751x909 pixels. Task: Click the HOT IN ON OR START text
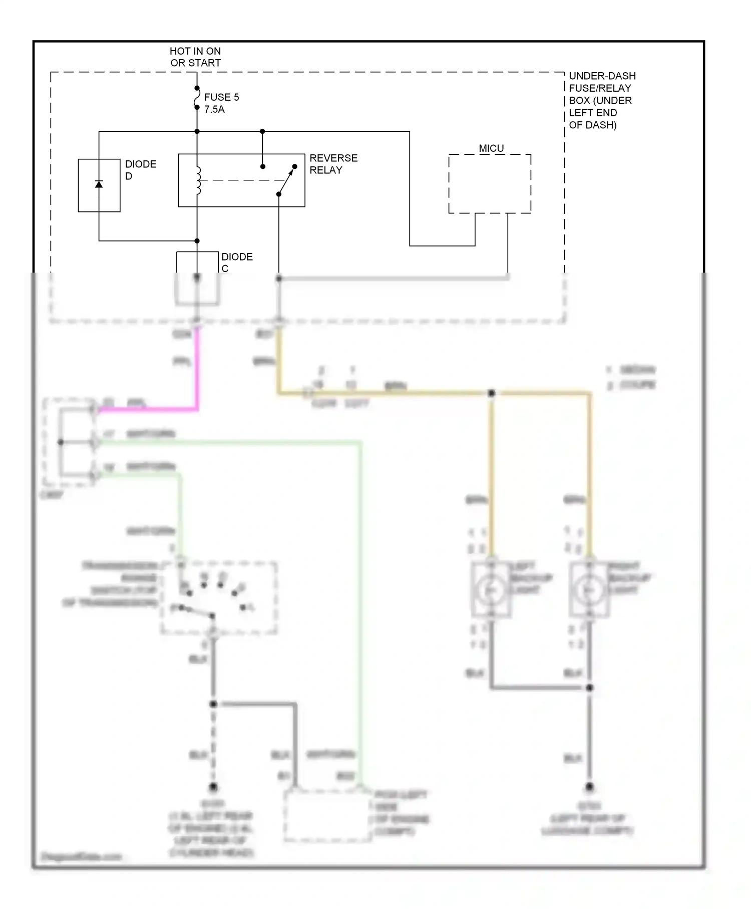click(195, 57)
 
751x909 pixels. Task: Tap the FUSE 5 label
click(221, 97)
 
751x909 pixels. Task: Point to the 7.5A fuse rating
click(214, 109)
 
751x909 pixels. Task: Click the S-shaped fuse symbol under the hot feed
click(197, 98)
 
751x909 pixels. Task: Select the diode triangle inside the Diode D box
click(99, 184)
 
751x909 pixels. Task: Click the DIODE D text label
click(140, 170)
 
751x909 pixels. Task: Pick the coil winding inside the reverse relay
click(198, 180)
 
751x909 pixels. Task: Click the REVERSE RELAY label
click(333, 164)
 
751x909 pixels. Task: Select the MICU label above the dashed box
click(491, 148)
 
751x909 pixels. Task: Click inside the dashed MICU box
click(489, 184)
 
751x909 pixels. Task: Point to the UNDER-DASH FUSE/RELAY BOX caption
click(602, 100)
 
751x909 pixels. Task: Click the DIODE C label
click(236, 262)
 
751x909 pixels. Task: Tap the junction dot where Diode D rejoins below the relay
click(197, 241)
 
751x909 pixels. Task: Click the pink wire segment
click(197, 371)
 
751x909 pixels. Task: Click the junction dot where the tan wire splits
click(491, 393)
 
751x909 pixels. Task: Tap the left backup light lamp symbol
click(491, 590)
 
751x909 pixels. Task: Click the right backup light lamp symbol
click(589, 590)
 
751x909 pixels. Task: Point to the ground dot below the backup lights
click(589, 787)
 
